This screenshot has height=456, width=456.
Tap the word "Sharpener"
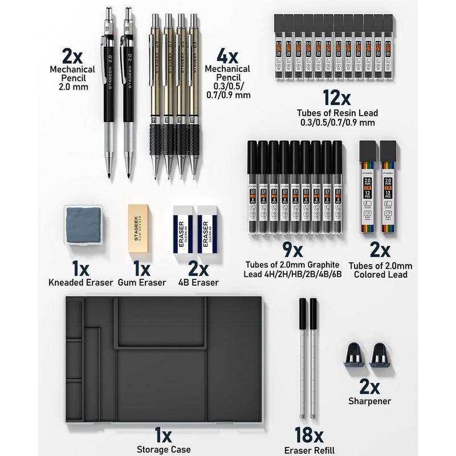(x=369, y=401)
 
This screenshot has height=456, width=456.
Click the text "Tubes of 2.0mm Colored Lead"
(x=381, y=270)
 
